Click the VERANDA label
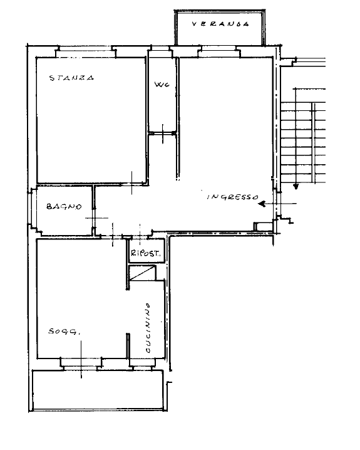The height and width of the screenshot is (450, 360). tap(220, 24)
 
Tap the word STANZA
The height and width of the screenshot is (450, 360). tap(71, 78)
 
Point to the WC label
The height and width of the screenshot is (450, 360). tap(162, 85)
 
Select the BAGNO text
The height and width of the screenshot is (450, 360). tap(64, 206)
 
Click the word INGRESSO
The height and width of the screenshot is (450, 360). tap(233, 197)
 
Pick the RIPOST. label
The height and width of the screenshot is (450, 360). tap(146, 253)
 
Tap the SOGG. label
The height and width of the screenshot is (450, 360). tap(64, 332)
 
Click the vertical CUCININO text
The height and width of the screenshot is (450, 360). tap(148, 328)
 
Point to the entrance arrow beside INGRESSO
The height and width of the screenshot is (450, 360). tap(277, 204)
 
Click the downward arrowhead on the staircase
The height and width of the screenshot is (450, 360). tap(296, 187)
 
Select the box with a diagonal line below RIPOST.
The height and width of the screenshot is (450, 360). tap(143, 273)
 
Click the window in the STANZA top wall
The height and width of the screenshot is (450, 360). tap(85, 51)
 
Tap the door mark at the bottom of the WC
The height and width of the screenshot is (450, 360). tap(163, 133)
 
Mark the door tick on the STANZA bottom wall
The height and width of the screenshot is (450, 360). tap(132, 183)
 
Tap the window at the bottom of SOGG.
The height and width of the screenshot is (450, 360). tap(81, 363)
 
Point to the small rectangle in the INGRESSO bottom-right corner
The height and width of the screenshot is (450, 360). tap(263, 226)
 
